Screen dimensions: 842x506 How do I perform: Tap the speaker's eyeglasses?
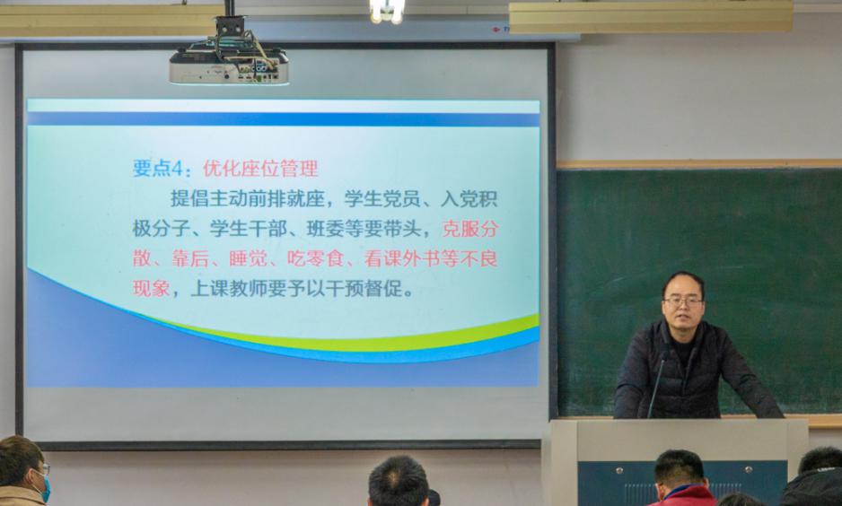tap(683, 301)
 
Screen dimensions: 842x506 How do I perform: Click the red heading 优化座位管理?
tap(260, 169)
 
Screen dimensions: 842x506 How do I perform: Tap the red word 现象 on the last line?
tap(152, 289)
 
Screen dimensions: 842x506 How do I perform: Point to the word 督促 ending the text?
tap(383, 289)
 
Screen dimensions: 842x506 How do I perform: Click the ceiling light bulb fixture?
tap(387, 11)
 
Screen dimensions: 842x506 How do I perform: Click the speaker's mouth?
tap(684, 318)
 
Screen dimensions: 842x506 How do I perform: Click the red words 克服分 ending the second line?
tap(470, 229)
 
